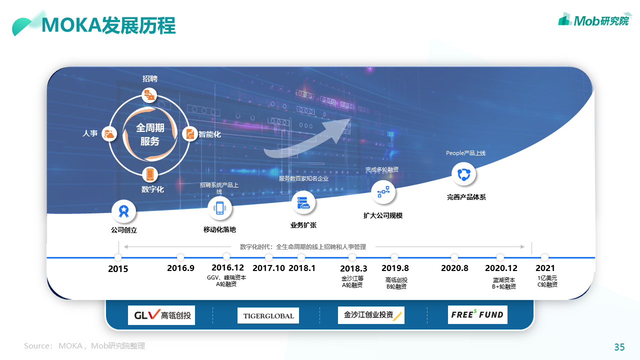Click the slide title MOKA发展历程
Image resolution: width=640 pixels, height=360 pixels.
tap(108, 25)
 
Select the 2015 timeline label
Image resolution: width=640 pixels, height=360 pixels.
tap(118, 269)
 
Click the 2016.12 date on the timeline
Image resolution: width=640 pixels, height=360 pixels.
tap(227, 267)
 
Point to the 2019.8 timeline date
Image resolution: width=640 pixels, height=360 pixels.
tap(395, 268)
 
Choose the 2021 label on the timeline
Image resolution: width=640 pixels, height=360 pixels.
tap(545, 268)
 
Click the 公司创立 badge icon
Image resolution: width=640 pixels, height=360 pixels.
tap(123, 211)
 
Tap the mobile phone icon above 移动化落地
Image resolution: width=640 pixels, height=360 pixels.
tap(219, 208)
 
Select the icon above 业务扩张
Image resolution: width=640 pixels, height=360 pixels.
tap(303, 203)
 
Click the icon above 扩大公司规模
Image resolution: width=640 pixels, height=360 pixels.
tap(383, 192)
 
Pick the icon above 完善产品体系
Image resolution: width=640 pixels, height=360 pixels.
tap(464, 174)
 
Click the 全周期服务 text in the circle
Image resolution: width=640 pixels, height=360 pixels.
tap(150, 134)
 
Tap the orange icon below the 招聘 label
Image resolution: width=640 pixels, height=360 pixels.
tap(149, 95)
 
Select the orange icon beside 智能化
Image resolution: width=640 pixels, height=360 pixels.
tap(190, 134)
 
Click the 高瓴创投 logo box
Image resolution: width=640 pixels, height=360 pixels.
tap(161, 315)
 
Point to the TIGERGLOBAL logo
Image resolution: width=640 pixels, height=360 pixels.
tap(268, 315)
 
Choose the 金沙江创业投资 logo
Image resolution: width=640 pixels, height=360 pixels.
tap(371, 315)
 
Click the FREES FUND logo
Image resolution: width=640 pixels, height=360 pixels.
tap(477, 315)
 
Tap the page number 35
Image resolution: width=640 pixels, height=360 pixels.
tap(619, 347)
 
